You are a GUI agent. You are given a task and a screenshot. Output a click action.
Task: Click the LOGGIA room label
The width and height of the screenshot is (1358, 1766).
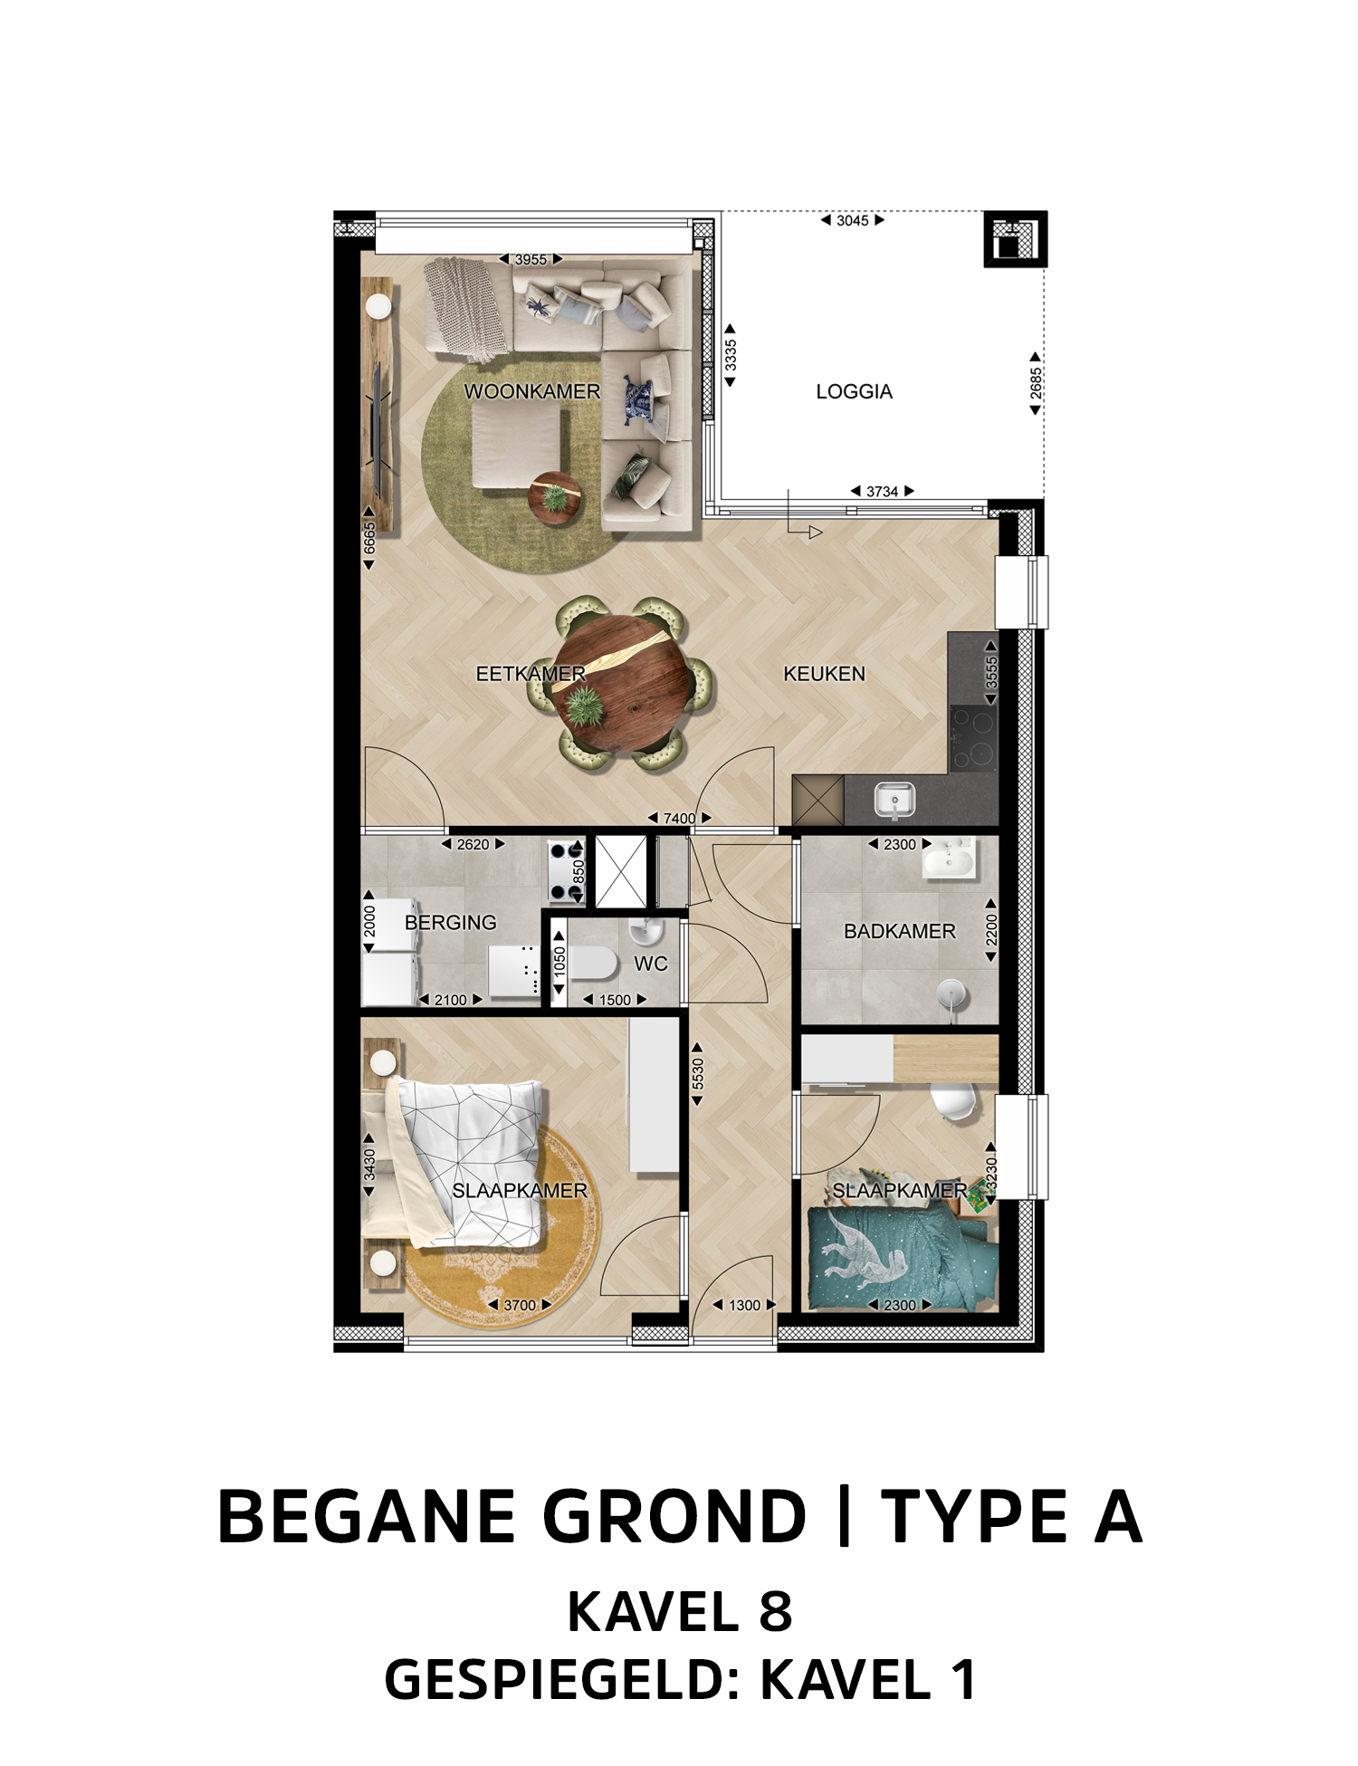tap(854, 391)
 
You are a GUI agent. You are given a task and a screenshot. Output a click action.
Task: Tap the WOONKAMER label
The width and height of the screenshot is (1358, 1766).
tap(532, 391)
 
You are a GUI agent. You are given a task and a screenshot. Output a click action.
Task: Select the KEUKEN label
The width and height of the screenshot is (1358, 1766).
tap(824, 674)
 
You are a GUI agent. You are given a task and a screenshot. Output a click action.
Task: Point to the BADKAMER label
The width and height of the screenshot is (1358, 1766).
tap(899, 931)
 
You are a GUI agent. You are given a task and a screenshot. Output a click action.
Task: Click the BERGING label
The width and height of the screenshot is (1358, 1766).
tap(450, 922)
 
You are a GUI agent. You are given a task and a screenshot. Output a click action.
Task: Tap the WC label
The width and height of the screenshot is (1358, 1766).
tap(650, 964)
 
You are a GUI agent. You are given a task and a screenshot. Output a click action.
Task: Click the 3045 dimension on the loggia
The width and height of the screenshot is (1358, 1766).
tap(852, 220)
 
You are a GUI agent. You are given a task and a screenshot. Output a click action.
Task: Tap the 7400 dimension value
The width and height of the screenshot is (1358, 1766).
tap(679, 819)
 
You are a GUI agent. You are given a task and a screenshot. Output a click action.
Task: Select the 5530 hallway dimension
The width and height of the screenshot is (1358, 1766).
tap(697, 1074)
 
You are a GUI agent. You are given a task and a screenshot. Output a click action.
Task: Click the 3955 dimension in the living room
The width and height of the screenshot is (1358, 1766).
tap(531, 259)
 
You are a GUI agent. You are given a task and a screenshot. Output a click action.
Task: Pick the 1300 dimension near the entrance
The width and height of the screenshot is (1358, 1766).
tap(744, 1305)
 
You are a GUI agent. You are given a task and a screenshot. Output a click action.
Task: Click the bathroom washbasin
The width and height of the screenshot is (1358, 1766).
tap(949, 858)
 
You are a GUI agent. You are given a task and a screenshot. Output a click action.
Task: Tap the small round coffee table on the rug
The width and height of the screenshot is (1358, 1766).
tap(555, 497)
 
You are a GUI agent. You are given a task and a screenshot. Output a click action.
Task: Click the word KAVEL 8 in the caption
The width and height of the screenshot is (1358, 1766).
tap(679, 1612)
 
